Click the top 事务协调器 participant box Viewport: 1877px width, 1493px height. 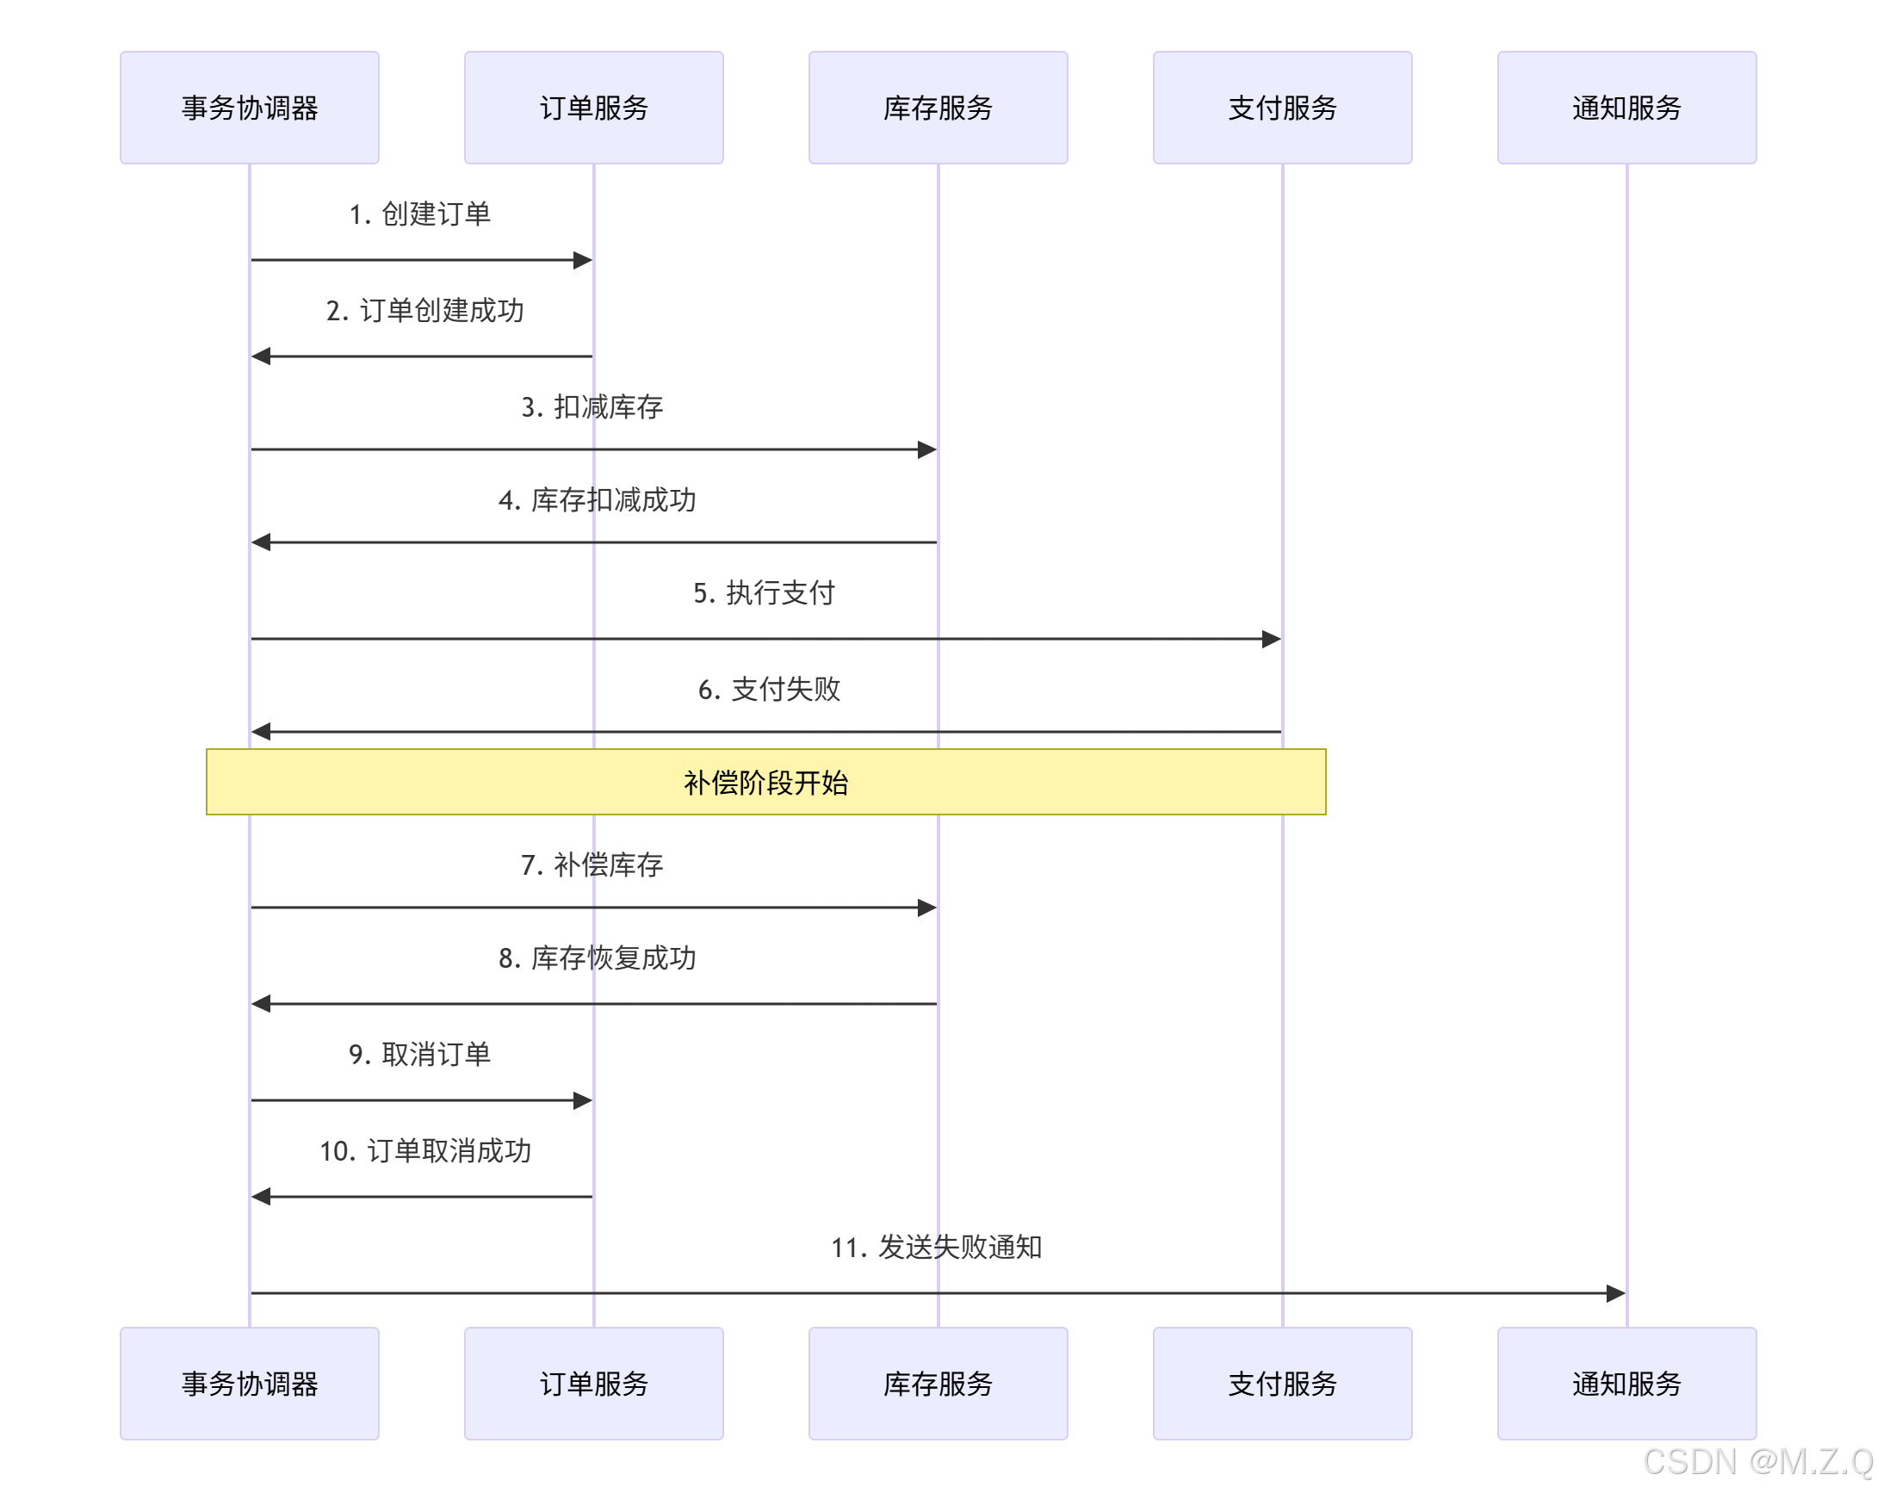(x=249, y=107)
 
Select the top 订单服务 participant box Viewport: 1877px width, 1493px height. (x=594, y=107)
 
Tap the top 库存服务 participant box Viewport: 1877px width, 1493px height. (x=938, y=107)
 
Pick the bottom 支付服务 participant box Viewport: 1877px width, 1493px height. (x=1282, y=1384)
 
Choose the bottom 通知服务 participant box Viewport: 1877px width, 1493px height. (x=1626, y=1384)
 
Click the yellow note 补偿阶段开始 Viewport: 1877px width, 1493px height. (x=765, y=782)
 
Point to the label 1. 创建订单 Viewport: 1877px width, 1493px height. (x=419, y=214)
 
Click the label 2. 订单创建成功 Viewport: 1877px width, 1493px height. (x=424, y=311)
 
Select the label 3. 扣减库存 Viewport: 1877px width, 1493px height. (x=592, y=406)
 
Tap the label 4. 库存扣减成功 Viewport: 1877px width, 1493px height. (x=598, y=499)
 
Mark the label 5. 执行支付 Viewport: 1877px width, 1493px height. (x=764, y=593)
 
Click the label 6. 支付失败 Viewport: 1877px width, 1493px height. (x=769, y=690)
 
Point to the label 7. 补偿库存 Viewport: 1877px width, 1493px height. (x=592, y=864)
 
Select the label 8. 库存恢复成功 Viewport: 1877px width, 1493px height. (x=598, y=957)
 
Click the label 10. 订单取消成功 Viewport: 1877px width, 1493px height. (x=424, y=1151)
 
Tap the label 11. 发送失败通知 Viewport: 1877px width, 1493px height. (x=936, y=1247)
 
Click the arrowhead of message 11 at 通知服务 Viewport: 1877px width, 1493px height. (x=1616, y=1292)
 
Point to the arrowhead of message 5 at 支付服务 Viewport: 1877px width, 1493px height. (x=1271, y=639)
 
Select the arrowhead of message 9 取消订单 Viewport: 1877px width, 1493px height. (x=582, y=1100)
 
